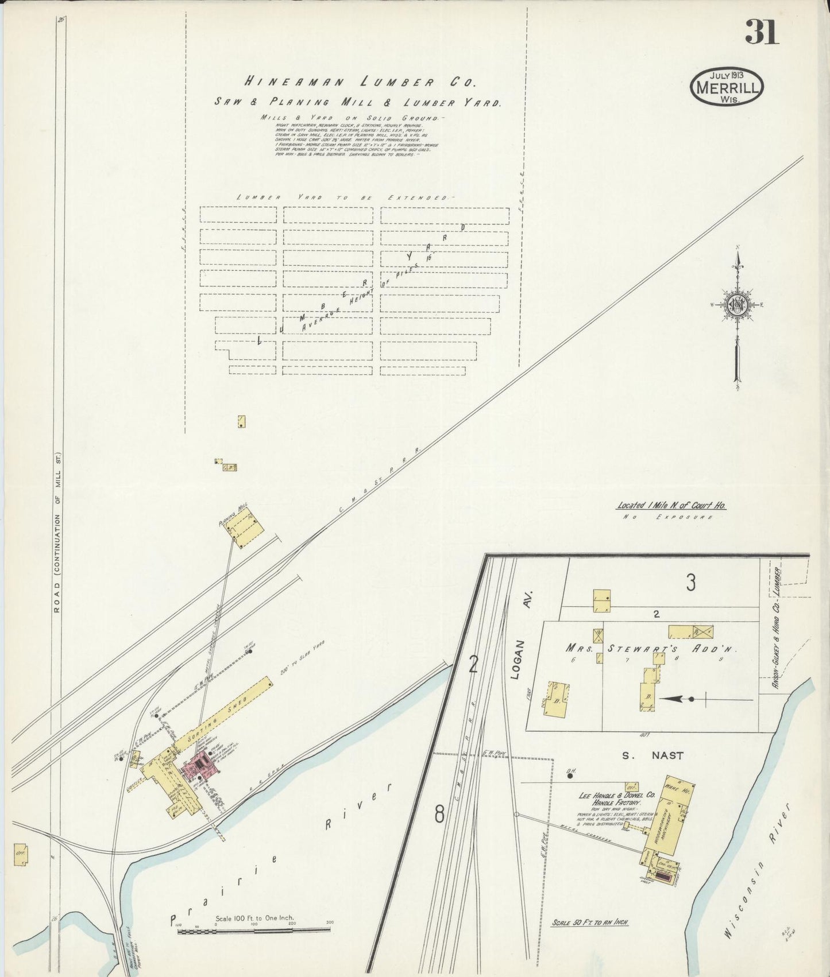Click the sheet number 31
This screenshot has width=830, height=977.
pyautogui.click(x=762, y=32)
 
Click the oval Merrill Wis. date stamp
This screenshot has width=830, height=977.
pyautogui.click(x=727, y=87)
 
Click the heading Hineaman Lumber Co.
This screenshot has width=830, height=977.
pyautogui.click(x=358, y=82)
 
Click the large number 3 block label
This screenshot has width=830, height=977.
pyautogui.click(x=690, y=583)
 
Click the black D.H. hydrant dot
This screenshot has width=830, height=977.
pyautogui.click(x=570, y=776)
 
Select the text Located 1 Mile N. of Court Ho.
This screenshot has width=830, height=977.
pyautogui.click(x=671, y=506)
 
